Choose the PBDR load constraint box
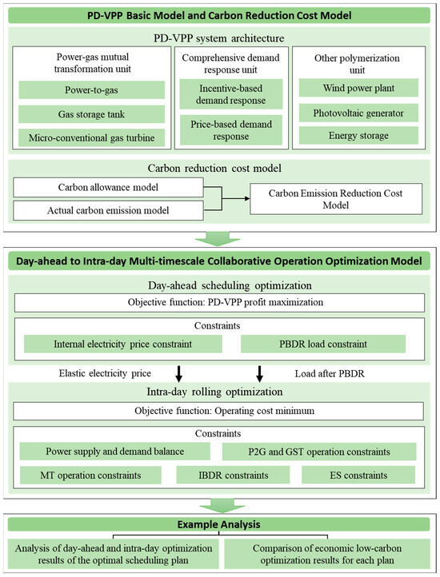322,343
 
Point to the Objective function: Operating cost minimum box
219,411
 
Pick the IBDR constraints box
219,476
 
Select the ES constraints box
359,476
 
